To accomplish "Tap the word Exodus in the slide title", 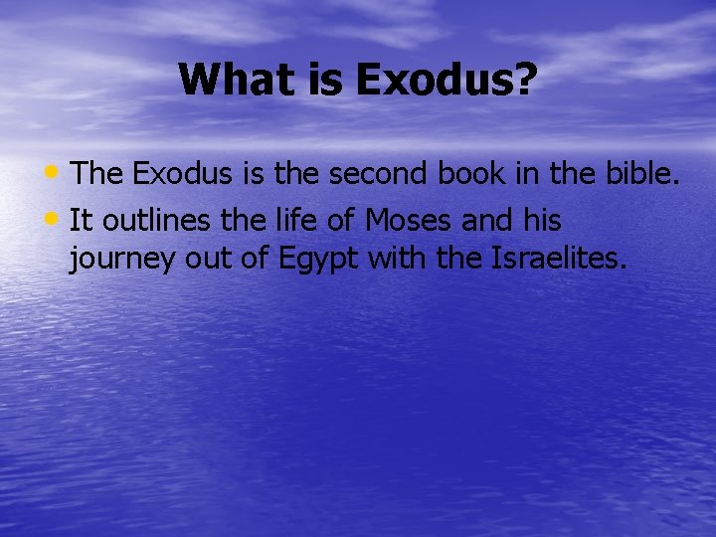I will [434, 80].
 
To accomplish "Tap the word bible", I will [640, 175].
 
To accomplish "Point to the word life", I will [293, 219].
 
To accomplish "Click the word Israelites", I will [559, 262].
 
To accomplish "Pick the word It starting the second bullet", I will [83, 219].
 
